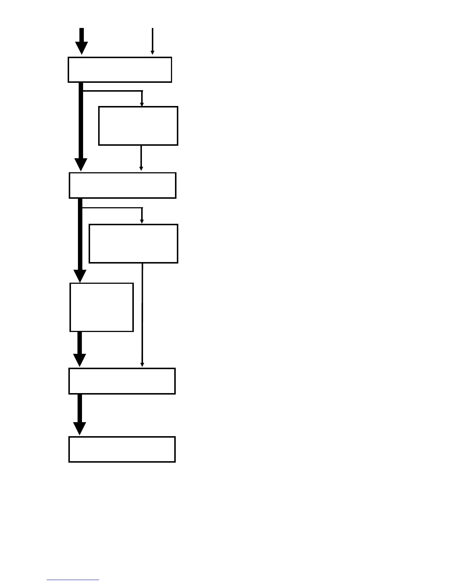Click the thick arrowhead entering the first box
(x=82, y=48)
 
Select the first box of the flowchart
(x=120, y=70)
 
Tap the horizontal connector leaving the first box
(x=112, y=91)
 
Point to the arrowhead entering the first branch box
(x=142, y=104)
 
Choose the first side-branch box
(x=138, y=126)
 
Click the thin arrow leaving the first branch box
(x=141, y=158)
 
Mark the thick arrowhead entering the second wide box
(x=81, y=164)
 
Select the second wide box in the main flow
(x=122, y=185)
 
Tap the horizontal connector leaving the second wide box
(x=112, y=208)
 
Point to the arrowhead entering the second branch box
(x=142, y=221)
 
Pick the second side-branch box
(x=133, y=244)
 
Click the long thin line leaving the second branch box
(x=142, y=313)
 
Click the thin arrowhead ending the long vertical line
(x=142, y=364)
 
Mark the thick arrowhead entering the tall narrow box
(x=80, y=276)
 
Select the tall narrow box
(x=101, y=307)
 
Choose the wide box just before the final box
(x=122, y=381)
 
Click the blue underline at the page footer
(x=73, y=580)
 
